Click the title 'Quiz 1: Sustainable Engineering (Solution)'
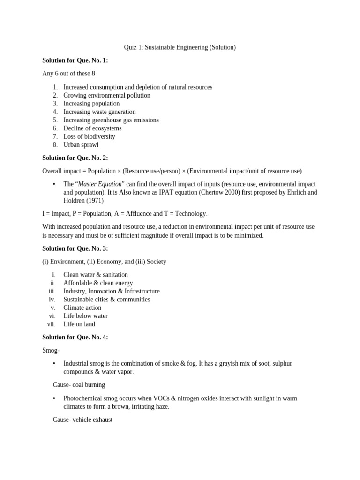point(180,47)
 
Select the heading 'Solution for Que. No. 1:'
point(75,60)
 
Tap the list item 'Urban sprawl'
point(81,145)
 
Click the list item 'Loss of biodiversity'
point(89,136)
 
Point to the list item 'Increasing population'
point(91,104)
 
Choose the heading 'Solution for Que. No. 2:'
point(75,158)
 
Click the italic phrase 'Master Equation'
point(100,184)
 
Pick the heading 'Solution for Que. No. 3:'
point(75,248)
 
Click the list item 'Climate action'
point(82,308)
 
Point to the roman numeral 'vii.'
point(51,324)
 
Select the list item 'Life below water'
point(85,316)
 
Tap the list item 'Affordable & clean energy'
point(98,283)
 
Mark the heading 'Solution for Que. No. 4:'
point(75,337)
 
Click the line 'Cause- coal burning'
point(79,385)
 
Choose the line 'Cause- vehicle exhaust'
point(82,420)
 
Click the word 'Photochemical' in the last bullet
point(82,398)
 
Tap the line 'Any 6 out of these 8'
point(68,74)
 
